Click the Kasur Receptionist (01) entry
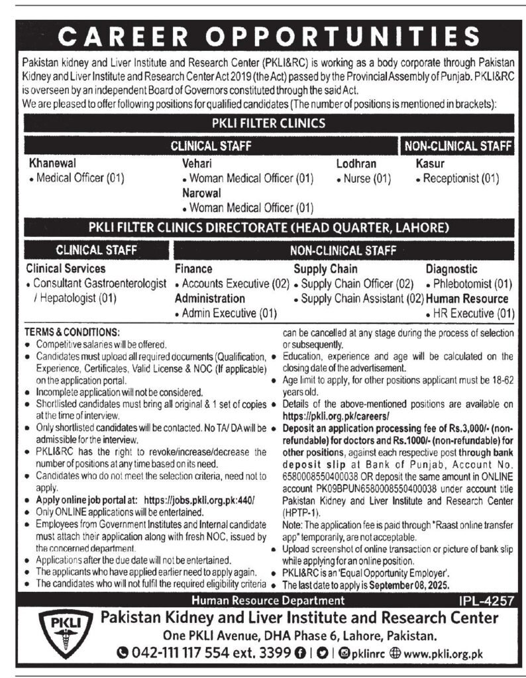pos(460,178)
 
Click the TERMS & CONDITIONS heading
pos(71,330)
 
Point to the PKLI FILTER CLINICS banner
pos(268,122)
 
